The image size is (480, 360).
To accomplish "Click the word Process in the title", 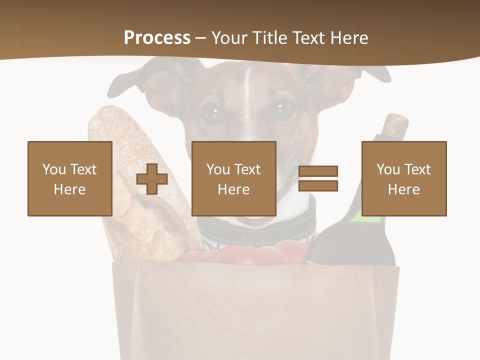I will click(157, 37).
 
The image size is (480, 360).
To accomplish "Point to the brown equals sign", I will click(318, 178).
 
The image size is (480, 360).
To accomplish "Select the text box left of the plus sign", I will click(69, 178).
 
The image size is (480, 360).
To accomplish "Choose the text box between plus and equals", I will click(233, 178).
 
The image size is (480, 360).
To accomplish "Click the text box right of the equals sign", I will click(403, 178).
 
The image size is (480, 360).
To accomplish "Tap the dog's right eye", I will click(281, 107).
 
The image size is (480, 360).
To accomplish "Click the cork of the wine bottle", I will click(396, 125).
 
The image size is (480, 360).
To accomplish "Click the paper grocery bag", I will click(255, 310).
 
